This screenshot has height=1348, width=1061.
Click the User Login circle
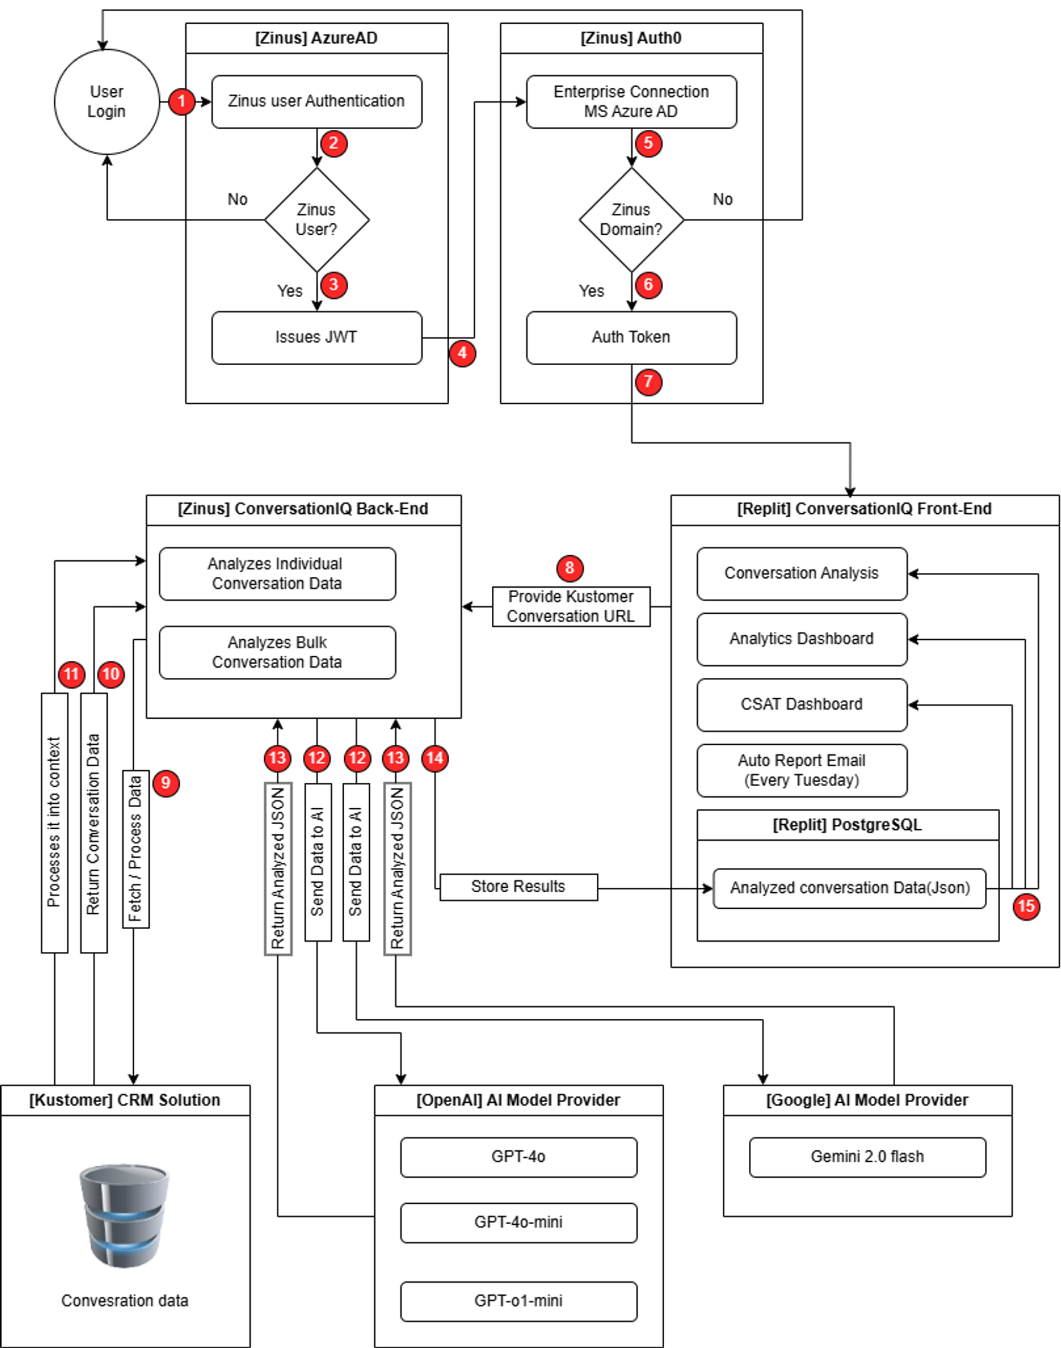106,102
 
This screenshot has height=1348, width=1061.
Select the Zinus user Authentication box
316,102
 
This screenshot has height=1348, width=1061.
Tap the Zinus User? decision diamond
316,219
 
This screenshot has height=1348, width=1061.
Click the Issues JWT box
316,337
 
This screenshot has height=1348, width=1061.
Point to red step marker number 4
462,354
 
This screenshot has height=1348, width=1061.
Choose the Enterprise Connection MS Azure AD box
631,102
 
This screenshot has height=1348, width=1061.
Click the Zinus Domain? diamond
631,219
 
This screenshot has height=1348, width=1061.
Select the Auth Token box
631,337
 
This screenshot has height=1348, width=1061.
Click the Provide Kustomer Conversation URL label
571,607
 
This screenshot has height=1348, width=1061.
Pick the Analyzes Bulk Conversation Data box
277,652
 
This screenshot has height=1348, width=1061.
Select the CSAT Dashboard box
801,704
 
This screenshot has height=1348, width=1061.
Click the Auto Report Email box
801,770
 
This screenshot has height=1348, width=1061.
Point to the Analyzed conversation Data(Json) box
849,888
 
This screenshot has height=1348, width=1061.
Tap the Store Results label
518,887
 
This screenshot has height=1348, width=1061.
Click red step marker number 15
1026,906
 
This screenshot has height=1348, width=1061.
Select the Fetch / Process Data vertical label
135,848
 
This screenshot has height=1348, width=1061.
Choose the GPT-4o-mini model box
518,1222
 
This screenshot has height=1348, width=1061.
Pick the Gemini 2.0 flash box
867,1157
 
